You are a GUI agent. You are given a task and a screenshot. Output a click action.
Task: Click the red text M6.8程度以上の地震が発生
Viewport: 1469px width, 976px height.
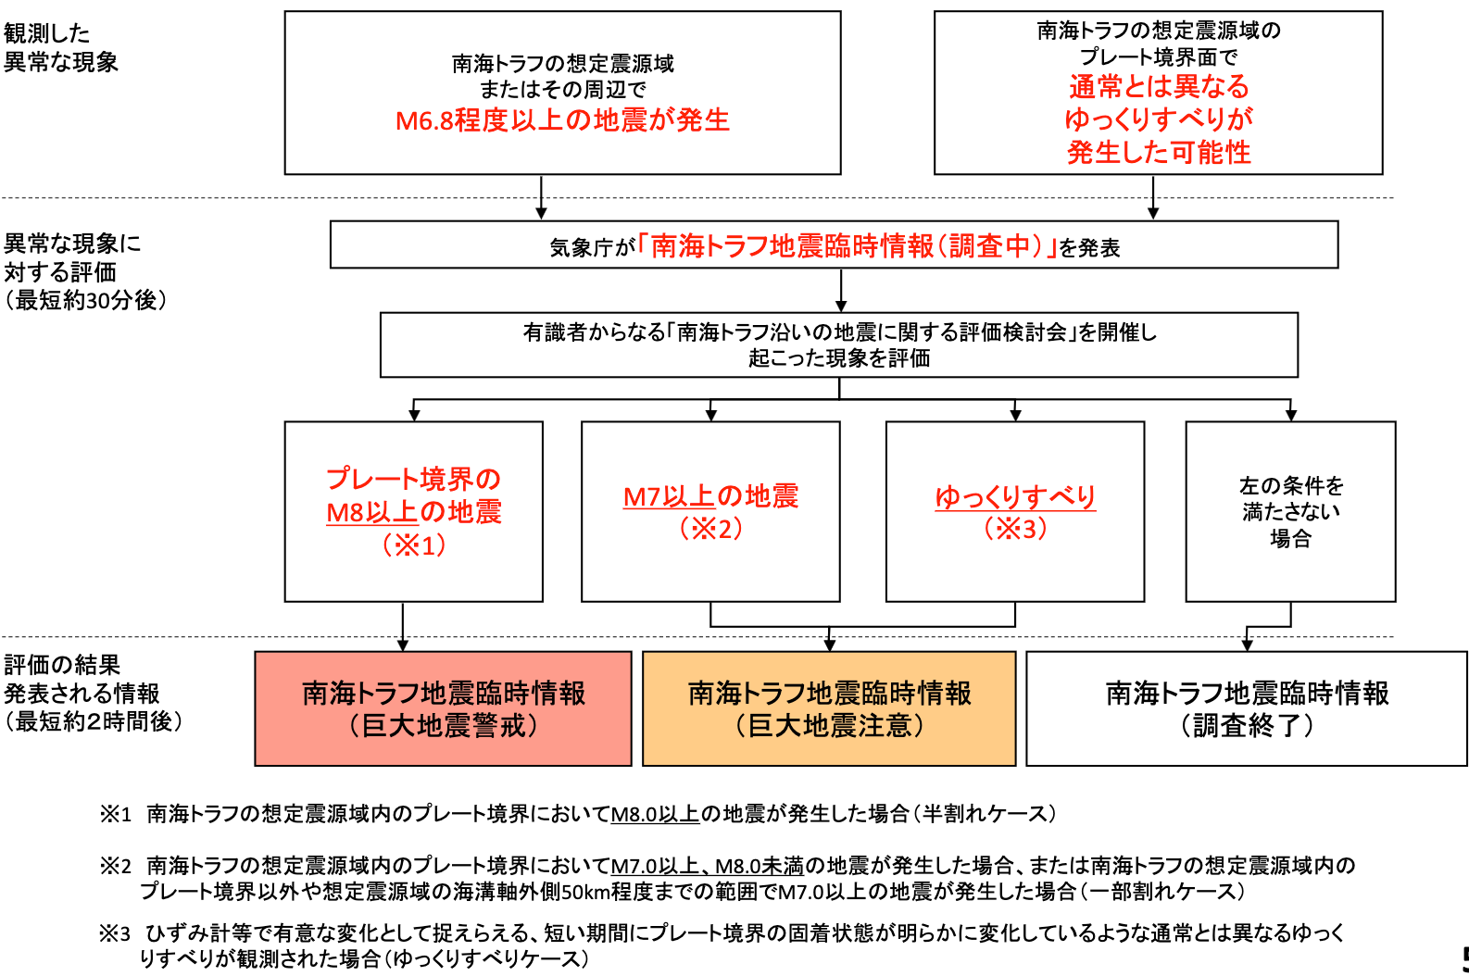tap(562, 120)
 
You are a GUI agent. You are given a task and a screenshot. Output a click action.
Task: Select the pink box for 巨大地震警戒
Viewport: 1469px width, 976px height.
tap(444, 708)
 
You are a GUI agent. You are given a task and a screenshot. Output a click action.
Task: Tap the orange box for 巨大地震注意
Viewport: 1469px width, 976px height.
tap(829, 708)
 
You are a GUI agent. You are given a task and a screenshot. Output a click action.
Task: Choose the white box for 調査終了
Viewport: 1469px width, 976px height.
tap(1247, 708)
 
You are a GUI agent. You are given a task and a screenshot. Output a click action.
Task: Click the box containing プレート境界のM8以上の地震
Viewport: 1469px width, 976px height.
tap(414, 511)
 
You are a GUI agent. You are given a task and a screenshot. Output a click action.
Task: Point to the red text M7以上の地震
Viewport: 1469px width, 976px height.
tap(711, 496)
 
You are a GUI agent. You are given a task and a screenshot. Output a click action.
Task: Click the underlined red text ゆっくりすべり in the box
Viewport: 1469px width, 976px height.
tap(1015, 497)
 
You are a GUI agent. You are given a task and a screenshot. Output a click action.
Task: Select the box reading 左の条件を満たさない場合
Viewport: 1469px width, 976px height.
tap(1290, 511)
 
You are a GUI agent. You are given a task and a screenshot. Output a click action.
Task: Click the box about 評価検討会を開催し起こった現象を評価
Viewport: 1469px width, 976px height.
tap(839, 344)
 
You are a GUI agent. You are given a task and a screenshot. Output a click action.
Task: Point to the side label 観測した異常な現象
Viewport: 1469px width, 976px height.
tap(60, 47)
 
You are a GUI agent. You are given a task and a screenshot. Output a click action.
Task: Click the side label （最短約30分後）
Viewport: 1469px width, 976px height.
tap(85, 300)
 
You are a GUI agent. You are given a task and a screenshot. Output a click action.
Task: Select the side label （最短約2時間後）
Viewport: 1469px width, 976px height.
tap(93, 721)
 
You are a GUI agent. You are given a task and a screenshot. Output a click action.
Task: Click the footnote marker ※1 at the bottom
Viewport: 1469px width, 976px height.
tap(116, 814)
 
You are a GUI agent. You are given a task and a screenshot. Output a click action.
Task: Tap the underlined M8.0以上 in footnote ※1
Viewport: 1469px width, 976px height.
tap(655, 814)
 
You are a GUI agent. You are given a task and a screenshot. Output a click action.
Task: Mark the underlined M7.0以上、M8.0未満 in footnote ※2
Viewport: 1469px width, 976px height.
tap(708, 867)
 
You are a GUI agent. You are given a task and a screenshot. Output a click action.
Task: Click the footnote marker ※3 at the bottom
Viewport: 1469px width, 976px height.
tap(116, 933)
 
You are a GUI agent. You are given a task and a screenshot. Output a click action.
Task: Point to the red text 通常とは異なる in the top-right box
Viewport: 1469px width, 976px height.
tap(1159, 86)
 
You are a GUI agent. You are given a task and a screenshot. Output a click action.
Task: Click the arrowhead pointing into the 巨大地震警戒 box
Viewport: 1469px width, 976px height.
tap(403, 645)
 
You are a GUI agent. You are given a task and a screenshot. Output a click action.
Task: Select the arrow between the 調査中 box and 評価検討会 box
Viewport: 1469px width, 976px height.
tap(841, 291)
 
